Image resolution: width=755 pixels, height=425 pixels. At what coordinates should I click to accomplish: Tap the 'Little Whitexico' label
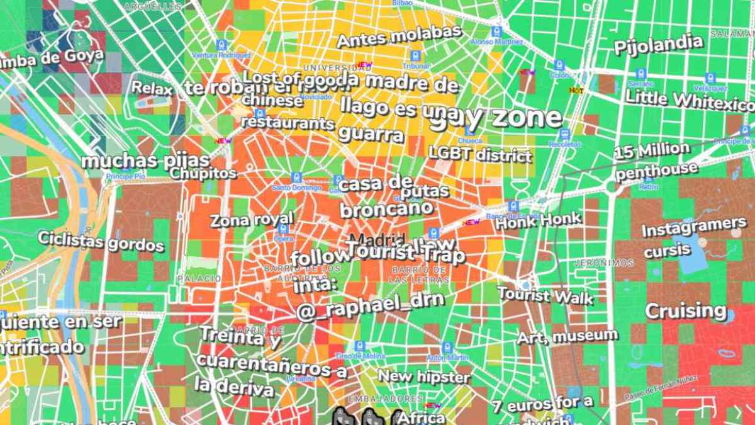coord(689,99)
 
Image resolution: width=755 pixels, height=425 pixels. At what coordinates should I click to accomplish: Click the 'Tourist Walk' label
coord(545,295)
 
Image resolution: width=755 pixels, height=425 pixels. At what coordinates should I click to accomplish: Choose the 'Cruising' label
coord(685,310)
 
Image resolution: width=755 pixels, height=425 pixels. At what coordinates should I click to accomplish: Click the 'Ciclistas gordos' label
coord(101,241)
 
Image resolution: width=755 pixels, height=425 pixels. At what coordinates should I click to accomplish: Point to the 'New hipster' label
coord(423,377)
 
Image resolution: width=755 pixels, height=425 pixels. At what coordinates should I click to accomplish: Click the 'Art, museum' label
coord(567,336)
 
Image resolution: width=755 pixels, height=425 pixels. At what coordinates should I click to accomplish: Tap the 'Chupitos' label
coord(203,173)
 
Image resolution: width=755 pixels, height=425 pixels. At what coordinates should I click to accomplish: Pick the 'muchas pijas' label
coord(137,161)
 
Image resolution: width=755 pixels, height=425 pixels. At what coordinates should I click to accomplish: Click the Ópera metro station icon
coord(282,229)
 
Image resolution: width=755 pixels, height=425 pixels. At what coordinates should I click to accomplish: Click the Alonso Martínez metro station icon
coord(496,31)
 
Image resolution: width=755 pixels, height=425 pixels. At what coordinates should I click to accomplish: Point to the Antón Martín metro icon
coord(447,348)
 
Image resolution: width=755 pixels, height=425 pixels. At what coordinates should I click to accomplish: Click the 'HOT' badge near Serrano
coord(576,91)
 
